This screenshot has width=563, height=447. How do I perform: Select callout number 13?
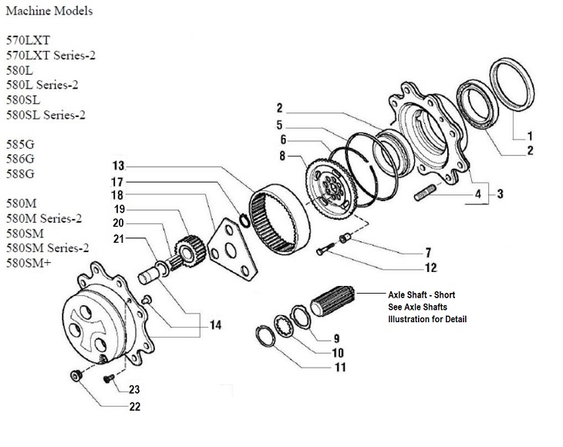point(118,166)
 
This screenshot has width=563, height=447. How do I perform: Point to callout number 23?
point(134,388)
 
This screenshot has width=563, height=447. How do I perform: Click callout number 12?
point(430,268)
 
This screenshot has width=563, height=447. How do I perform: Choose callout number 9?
point(336,338)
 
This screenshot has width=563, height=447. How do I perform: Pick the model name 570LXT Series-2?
point(56,55)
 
